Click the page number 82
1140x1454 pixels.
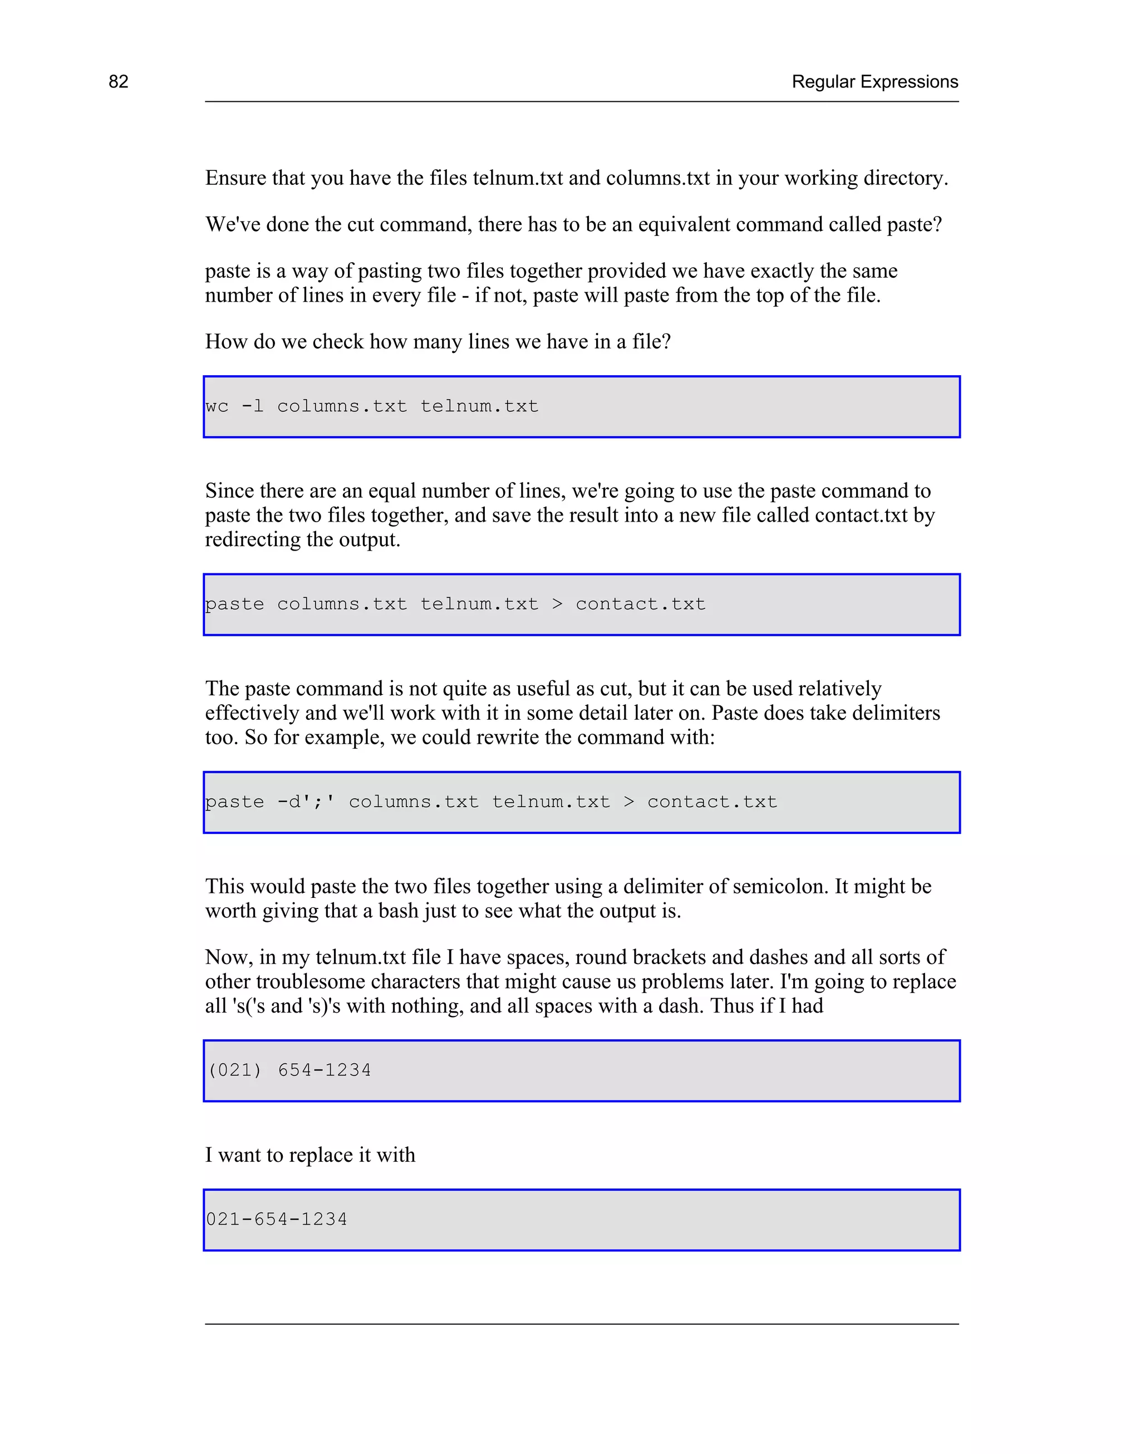pyautogui.click(x=118, y=81)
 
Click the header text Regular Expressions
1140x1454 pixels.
pyautogui.click(x=874, y=81)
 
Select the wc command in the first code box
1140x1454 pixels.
pyautogui.click(x=217, y=406)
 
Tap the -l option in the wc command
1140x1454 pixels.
pyautogui.click(x=252, y=406)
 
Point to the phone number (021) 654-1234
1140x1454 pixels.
pyautogui.click(x=289, y=1070)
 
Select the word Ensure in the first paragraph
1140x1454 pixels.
pyautogui.click(x=235, y=178)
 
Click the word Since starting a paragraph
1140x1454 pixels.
pyautogui.click(x=229, y=491)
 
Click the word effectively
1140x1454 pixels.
pyautogui.click(x=252, y=713)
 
